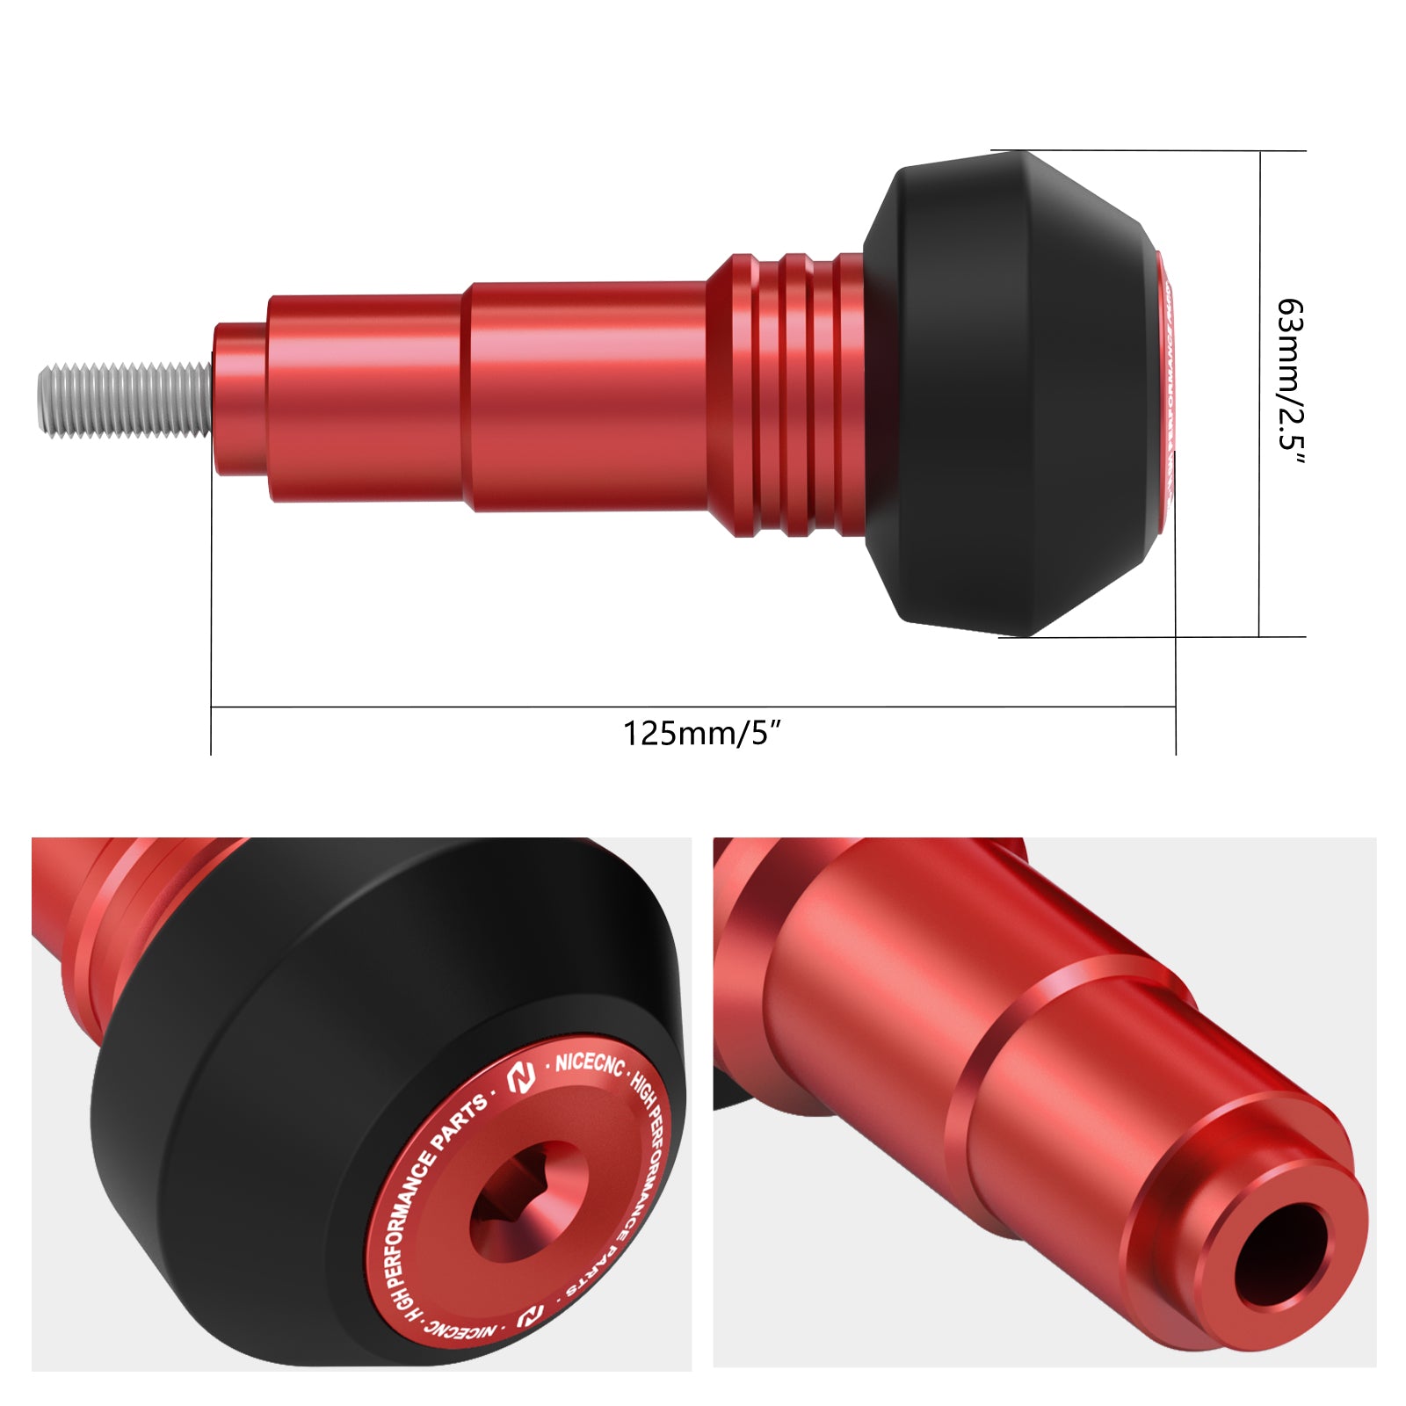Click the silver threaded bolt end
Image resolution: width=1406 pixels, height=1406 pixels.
click(123, 400)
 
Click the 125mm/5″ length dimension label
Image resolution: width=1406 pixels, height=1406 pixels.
click(701, 733)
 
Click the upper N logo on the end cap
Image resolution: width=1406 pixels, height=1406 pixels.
click(522, 1077)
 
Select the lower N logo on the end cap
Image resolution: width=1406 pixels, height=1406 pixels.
click(530, 1315)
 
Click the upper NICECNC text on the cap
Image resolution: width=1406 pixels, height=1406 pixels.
click(588, 1064)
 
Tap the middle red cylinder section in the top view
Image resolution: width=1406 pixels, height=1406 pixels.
click(589, 395)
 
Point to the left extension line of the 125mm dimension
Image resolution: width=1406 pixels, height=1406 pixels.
click(211, 615)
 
